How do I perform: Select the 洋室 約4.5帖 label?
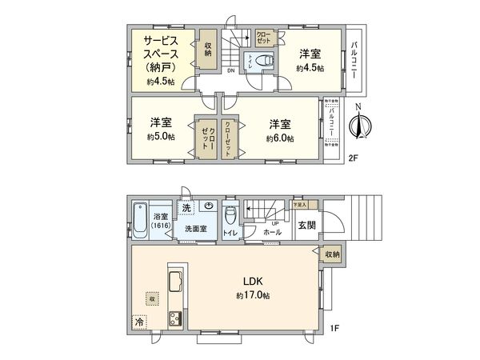310,61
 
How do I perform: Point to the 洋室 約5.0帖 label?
161,130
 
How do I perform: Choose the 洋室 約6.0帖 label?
279,130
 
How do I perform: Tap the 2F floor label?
353,158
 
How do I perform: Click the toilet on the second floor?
266,60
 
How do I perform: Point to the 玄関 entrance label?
307,225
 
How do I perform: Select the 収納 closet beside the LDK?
332,254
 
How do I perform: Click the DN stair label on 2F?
231,70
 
